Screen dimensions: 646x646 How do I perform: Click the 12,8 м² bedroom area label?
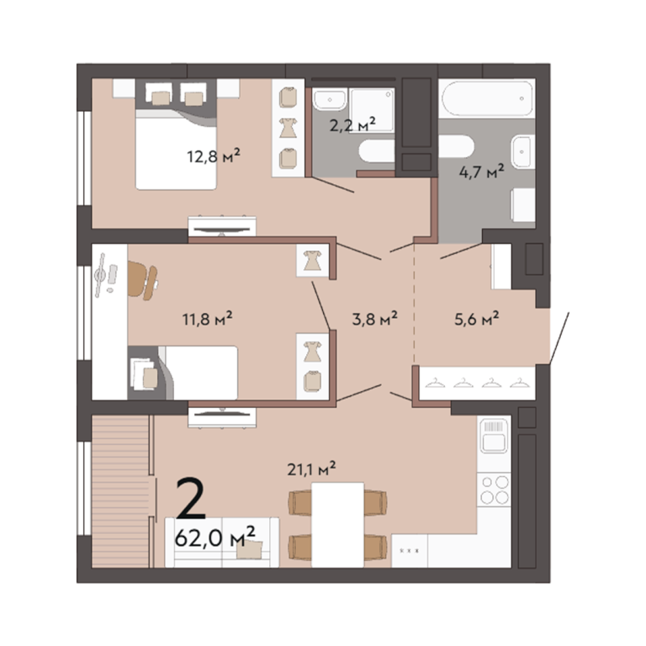(214, 156)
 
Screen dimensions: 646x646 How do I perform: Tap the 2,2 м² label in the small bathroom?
(352, 124)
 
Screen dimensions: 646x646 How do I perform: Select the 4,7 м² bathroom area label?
(482, 172)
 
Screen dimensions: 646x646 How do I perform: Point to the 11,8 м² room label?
(207, 319)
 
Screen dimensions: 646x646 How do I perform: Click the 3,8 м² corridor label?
(374, 319)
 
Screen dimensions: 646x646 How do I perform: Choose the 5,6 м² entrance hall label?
(477, 319)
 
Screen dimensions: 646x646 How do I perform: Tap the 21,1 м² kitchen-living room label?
(311, 469)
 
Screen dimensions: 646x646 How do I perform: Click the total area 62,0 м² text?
(215, 537)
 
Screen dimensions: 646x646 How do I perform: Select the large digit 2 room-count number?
(191, 498)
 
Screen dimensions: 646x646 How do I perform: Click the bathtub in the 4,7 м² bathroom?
(487, 99)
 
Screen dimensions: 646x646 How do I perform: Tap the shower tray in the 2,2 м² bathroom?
(372, 110)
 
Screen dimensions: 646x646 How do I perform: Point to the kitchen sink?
(494, 437)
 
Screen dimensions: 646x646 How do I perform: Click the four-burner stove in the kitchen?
(495, 490)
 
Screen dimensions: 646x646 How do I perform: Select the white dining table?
(338, 525)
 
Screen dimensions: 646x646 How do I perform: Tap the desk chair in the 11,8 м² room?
(142, 280)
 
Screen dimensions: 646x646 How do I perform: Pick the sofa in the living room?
(222, 543)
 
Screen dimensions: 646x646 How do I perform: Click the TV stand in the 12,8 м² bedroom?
(222, 226)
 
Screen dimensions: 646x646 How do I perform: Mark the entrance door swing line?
(559, 338)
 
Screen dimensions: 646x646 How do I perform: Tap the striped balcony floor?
(120, 491)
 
